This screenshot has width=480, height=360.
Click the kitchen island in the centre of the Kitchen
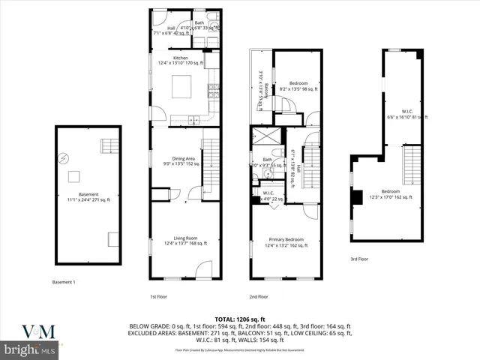184,88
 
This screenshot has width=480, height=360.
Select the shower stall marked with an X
263,138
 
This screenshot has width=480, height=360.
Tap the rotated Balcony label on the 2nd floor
260,89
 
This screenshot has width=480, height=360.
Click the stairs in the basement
109,144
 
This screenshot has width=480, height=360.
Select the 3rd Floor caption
361,259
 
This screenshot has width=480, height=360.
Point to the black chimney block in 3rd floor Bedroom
356,198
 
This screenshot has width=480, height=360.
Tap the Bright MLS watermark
28,349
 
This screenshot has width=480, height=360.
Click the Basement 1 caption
64,282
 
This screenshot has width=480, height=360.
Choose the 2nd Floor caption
259,296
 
